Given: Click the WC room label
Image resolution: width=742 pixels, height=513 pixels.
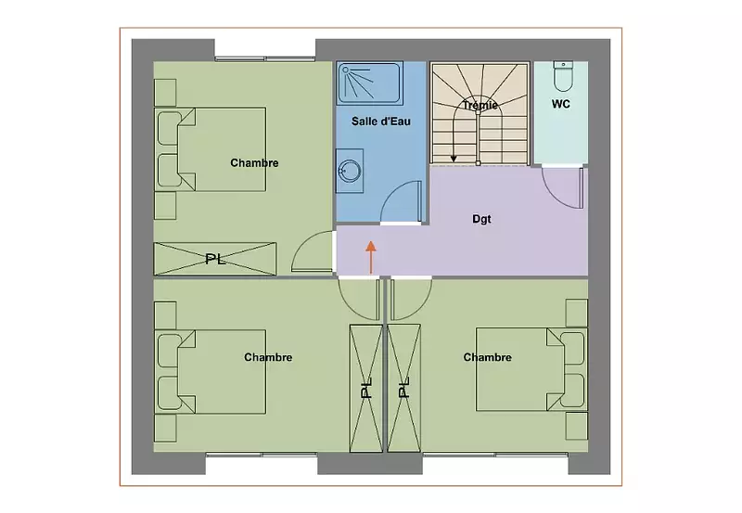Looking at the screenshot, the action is click(561, 104).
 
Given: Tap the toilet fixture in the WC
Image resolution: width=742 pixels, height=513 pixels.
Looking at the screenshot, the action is click(563, 76).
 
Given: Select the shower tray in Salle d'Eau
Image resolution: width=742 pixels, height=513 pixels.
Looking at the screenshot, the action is click(369, 83).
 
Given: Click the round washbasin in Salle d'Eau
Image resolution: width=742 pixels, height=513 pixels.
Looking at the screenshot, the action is click(351, 171).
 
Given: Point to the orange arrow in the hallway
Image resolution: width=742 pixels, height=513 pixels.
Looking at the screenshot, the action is click(371, 257).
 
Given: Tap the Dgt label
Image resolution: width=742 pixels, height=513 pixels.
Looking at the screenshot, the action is click(481, 219).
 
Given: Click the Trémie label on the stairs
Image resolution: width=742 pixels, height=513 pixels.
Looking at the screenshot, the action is click(480, 105).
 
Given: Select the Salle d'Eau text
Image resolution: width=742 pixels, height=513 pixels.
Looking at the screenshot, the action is click(381, 122).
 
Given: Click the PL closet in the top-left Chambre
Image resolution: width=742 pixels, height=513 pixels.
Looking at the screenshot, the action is click(215, 259).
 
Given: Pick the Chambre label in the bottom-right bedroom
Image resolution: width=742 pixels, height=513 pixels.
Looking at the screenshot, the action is click(488, 357).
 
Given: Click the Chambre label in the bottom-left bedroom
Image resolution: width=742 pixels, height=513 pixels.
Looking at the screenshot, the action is click(268, 357).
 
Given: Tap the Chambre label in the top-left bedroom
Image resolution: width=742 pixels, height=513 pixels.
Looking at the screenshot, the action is click(254, 162).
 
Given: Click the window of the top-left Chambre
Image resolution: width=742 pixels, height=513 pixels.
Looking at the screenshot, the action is click(265, 58).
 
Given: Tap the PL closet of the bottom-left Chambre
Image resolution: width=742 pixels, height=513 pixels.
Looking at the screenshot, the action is click(365, 388).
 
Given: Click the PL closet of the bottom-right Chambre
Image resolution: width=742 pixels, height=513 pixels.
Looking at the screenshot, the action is click(403, 388).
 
